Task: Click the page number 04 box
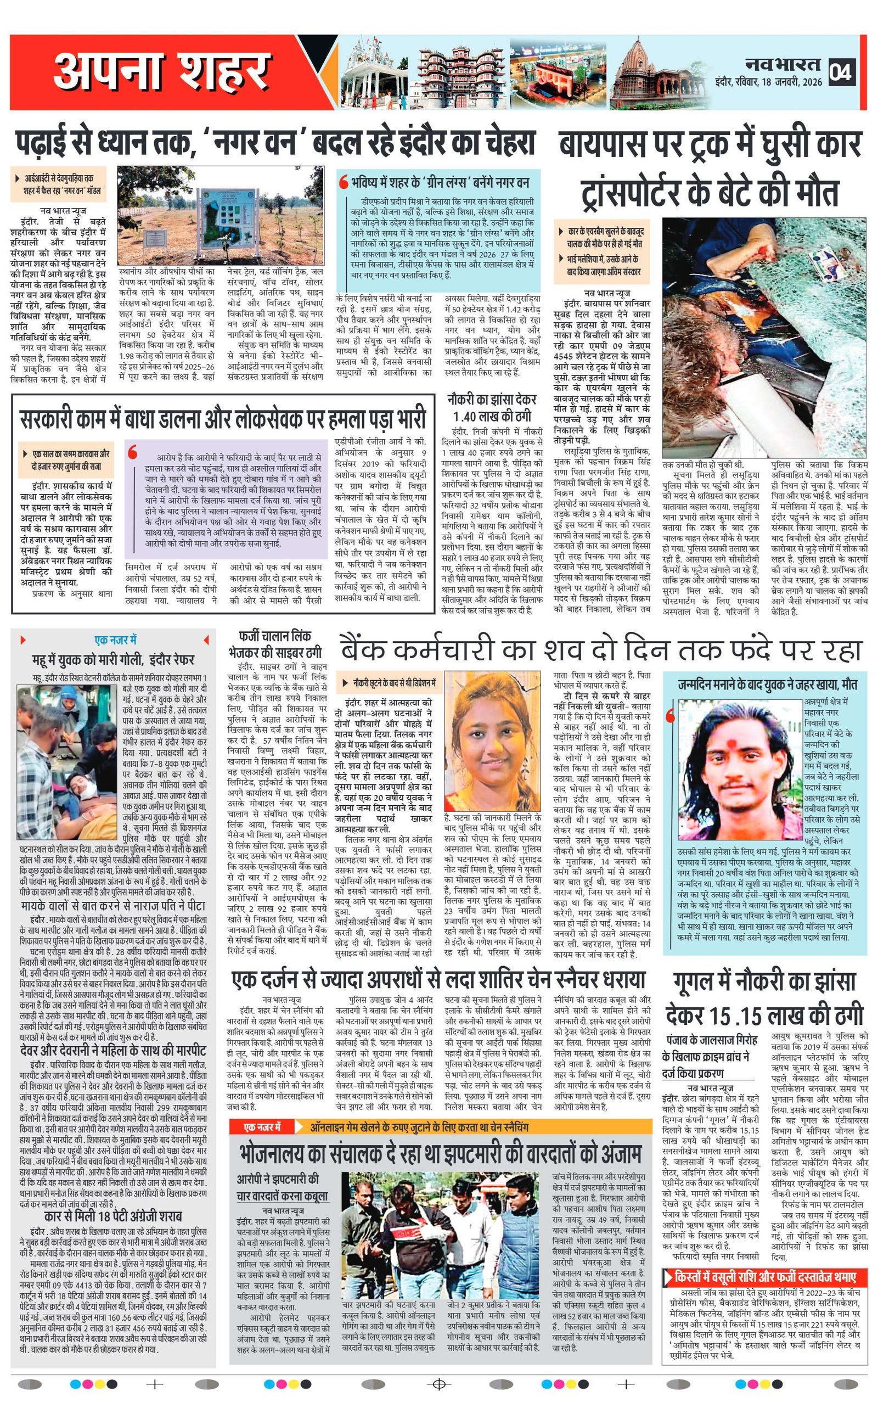coord(841,71)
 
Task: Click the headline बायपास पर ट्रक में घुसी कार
coord(710,144)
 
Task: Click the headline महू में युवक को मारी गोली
coord(113,660)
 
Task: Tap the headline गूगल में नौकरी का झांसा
coord(764,1000)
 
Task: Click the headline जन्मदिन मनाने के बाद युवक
coord(767,685)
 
